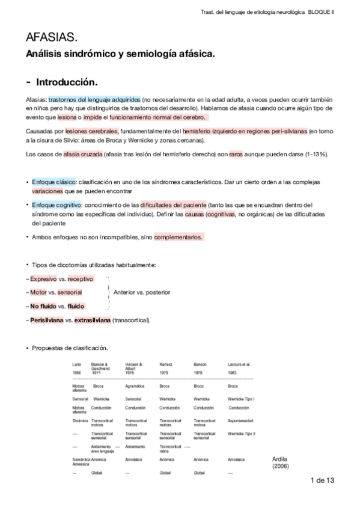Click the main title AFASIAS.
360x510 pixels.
tap(52, 38)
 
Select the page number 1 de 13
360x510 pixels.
tap(322, 480)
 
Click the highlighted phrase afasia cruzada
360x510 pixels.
tap(82, 154)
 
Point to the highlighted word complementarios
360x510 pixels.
tap(178, 237)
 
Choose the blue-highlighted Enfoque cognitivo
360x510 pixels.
tap(56, 204)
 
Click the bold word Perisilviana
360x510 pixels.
tap(47, 320)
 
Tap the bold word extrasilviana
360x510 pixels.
tap(93, 320)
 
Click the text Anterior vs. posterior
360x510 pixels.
tap(141, 292)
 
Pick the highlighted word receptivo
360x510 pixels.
tap(81, 279)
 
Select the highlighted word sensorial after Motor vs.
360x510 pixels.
tap(70, 292)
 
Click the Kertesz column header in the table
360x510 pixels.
tap(167, 364)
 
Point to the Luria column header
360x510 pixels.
tap(77, 364)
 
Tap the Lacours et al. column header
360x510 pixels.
tap(240, 364)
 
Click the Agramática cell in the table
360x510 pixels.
tap(136, 386)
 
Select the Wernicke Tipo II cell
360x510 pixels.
tap(242, 433)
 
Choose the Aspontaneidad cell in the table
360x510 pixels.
tap(241, 420)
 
